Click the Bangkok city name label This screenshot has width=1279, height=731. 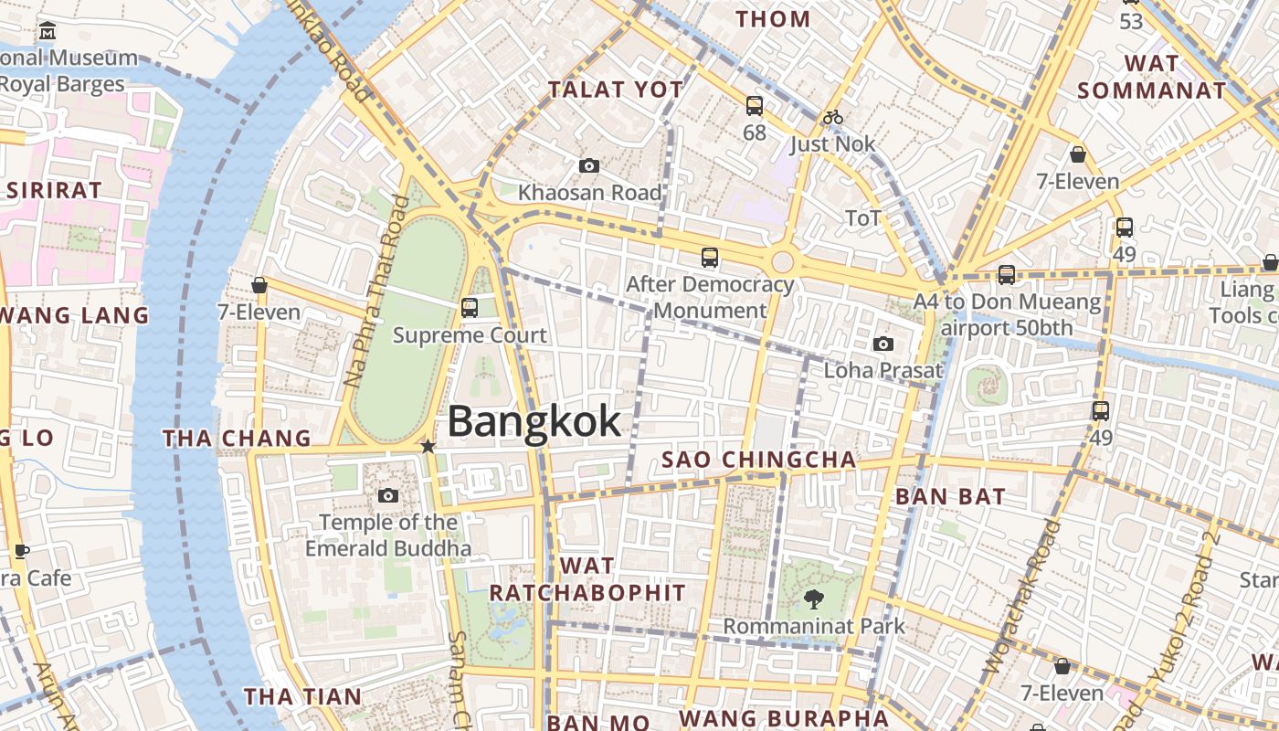coord(534,421)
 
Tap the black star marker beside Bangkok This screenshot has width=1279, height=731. coord(428,446)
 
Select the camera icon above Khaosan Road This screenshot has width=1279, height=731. coord(589,165)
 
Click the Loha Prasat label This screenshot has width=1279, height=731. coord(883,370)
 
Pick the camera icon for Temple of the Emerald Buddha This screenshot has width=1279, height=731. coord(388,495)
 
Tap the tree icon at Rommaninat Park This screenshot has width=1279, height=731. coord(812,599)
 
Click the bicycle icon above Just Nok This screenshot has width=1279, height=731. coord(832,117)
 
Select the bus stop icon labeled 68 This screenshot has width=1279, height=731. coord(754,106)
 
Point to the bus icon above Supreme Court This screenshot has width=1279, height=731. coord(470,307)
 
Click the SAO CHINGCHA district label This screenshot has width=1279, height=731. coord(758,460)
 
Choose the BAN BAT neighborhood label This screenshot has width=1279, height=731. coord(950,497)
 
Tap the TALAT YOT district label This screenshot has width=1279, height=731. coord(615,90)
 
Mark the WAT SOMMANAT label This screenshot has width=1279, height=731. coord(1151,77)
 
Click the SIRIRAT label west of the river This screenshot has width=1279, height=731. coord(54,191)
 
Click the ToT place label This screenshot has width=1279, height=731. coord(862,217)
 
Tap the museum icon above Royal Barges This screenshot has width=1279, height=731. coord(48,32)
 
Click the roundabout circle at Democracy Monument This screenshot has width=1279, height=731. coord(782,262)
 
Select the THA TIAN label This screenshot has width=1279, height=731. coord(302,696)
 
